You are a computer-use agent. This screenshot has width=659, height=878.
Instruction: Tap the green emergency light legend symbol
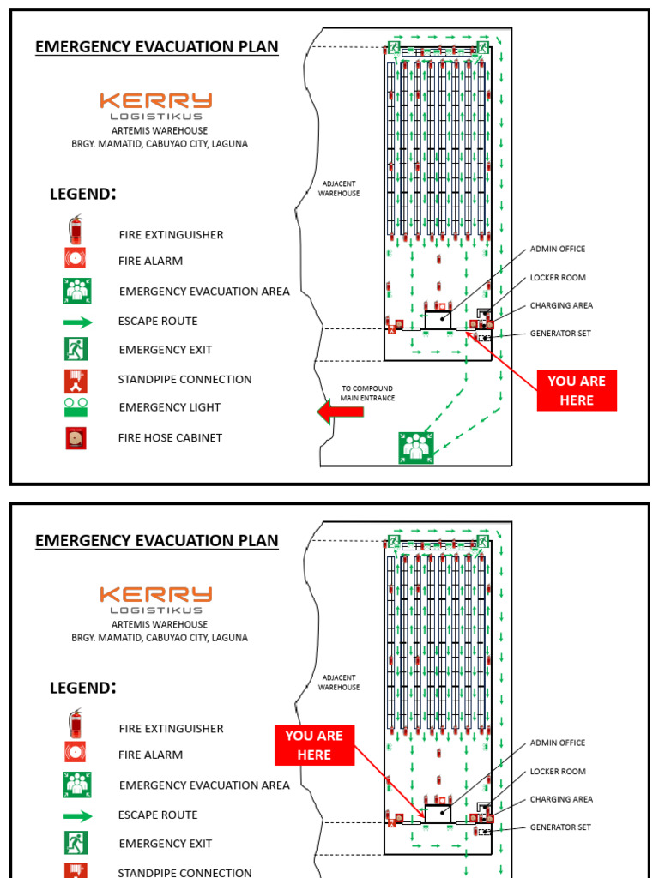[76, 406]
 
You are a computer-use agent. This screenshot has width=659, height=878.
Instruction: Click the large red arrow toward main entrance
[341, 412]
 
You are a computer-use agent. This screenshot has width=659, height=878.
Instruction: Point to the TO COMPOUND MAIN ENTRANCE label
[368, 393]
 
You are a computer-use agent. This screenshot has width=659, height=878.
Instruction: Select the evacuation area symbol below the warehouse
[416, 448]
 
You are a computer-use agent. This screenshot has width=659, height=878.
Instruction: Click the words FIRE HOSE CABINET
[170, 437]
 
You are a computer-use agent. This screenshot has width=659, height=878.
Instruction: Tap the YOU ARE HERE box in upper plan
[577, 391]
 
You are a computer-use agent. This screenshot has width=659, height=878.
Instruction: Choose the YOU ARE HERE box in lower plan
[314, 745]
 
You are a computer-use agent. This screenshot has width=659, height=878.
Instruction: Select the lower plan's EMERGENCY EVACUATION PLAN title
[156, 540]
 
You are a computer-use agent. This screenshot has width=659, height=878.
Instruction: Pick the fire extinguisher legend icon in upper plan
[76, 230]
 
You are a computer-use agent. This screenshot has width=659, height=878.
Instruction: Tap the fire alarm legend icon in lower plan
[76, 753]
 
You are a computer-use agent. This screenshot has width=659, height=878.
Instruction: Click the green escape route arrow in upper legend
[77, 322]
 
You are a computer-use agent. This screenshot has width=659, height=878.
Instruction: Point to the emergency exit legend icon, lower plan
[76, 843]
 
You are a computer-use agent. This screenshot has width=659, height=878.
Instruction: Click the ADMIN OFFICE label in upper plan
[558, 249]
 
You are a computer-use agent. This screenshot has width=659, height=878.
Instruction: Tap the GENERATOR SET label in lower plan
[560, 827]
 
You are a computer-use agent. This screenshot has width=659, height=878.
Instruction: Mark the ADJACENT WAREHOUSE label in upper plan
[339, 189]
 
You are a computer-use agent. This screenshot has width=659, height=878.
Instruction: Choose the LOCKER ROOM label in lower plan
[558, 772]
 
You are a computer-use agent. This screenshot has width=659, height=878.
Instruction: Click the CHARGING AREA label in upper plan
[561, 305]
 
